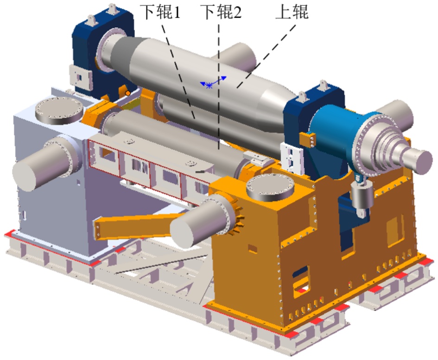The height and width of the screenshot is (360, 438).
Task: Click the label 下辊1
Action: click(160, 12)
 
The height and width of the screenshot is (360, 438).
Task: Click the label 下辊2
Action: click(221, 12)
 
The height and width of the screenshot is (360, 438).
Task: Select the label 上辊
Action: click(292, 12)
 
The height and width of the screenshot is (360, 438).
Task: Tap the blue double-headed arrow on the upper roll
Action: click(213, 82)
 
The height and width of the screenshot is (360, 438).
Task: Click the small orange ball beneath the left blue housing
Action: click(127, 93)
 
